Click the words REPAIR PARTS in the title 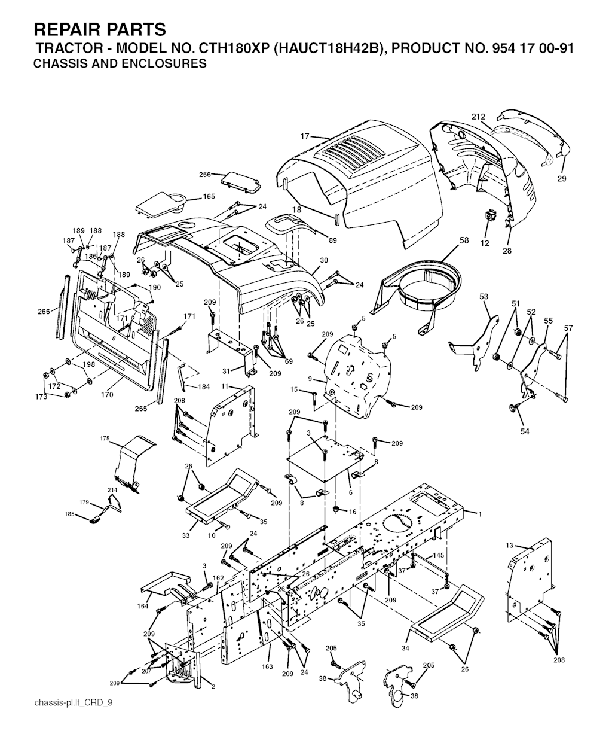pyautogui.click(x=100, y=29)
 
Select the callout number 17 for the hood pyautogui.click(x=305, y=136)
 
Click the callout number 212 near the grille pyautogui.click(x=479, y=117)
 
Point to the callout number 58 pyautogui.click(x=464, y=240)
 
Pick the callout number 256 pyautogui.click(x=205, y=175)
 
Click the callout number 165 pyautogui.click(x=209, y=196)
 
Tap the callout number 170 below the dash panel pyautogui.click(x=107, y=395)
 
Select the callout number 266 pyautogui.click(x=44, y=312)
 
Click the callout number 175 pyautogui.click(x=105, y=439)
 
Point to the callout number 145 pyautogui.click(x=439, y=555)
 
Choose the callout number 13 pyautogui.click(x=509, y=546)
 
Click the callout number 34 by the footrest pyautogui.click(x=406, y=648)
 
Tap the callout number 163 pyautogui.click(x=267, y=666)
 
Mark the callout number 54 pyautogui.click(x=525, y=431)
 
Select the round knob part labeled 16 pyautogui.click(x=338, y=509)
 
